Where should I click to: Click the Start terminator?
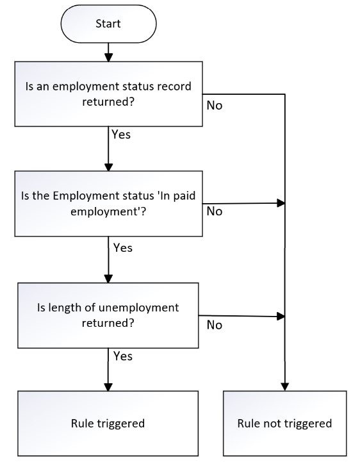tap(108, 24)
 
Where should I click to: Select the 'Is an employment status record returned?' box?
tap(108, 94)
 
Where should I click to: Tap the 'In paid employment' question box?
tap(108, 204)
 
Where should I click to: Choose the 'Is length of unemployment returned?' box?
tap(108, 315)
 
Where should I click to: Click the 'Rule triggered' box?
tap(108, 423)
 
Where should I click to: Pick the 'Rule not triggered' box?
tap(284, 423)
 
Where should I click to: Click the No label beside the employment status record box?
tap(215, 106)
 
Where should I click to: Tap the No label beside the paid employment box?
tap(215, 211)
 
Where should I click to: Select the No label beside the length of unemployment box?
tap(215, 325)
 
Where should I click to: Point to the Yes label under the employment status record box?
tap(121, 135)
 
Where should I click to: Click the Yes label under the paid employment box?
tap(123, 248)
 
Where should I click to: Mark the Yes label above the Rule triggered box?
tap(123, 356)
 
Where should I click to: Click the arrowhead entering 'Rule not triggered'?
tap(284, 387)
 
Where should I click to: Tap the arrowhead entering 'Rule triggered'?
tap(108, 387)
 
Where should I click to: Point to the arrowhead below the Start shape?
tap(108, 58)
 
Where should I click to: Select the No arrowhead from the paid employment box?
tap(281, 203)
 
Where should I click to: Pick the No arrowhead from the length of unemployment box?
tap(281, 317)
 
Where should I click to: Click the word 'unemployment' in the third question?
tap(139, 308)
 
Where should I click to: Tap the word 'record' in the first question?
tap(174, 87)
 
